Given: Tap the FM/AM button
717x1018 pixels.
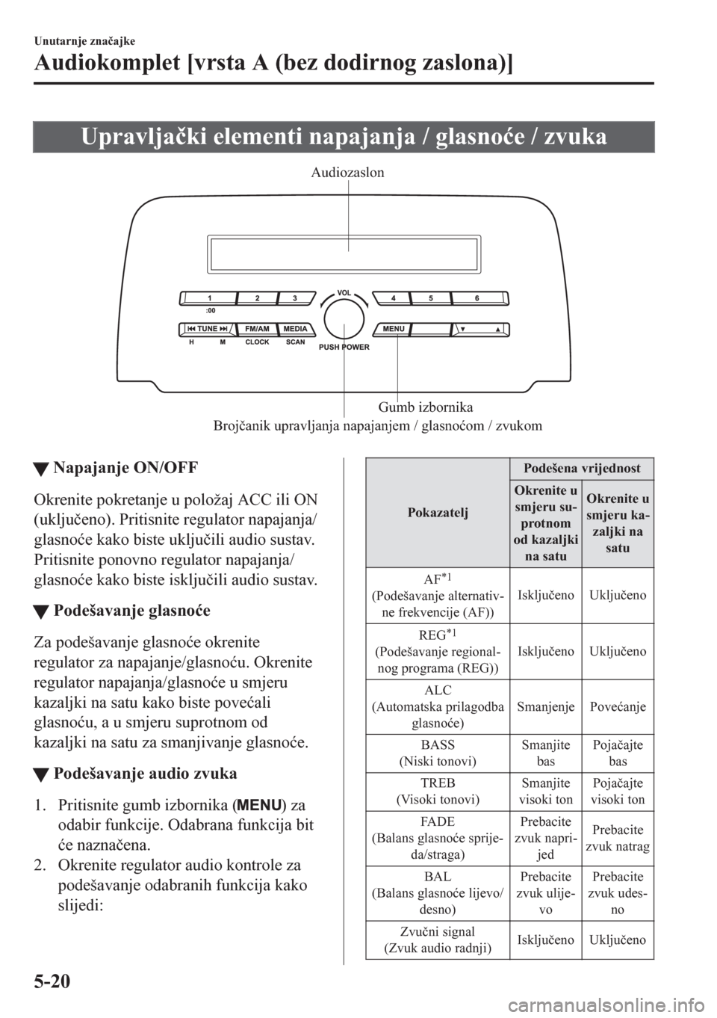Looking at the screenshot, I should pos(256,329).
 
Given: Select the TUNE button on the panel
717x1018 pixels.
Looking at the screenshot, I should pos(207,329).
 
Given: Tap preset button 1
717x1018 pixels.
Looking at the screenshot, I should pos(210,298).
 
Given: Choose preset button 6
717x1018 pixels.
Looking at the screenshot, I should pos(477,298).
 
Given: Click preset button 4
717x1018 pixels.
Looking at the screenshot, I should pos(393,298).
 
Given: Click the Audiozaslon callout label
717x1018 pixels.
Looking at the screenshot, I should pos(348,173).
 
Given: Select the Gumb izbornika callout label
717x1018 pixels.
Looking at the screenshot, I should pos(426,407).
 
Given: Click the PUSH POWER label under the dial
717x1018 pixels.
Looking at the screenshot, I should pos(344,348).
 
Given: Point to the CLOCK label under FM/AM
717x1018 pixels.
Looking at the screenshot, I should pos(256,342).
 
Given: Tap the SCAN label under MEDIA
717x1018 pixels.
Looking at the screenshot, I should pos(295,342).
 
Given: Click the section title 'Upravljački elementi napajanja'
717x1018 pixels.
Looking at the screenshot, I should pos(344,138).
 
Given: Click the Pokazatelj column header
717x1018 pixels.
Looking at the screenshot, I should pos(438,512).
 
